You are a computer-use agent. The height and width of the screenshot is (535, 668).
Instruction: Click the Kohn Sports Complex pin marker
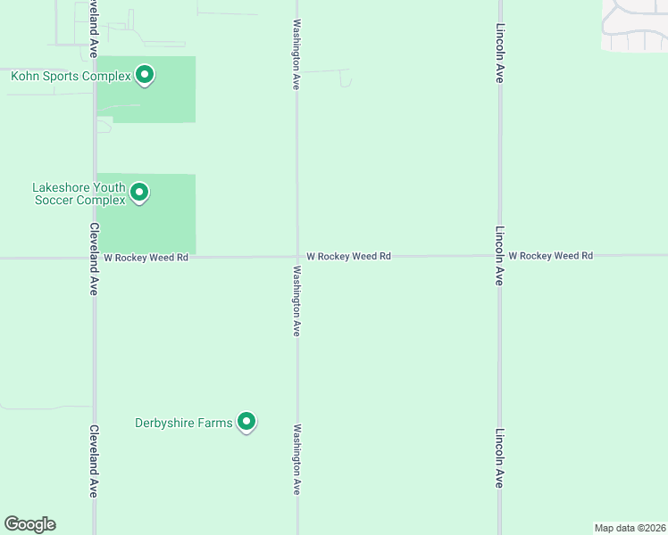pos(146,75)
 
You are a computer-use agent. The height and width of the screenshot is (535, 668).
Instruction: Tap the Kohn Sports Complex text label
pos(71,77)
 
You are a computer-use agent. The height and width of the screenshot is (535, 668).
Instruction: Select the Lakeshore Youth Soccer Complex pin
pos(139,192)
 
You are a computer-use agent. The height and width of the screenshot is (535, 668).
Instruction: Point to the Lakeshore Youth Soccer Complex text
pos(79,193)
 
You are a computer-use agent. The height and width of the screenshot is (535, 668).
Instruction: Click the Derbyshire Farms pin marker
pos(246,422)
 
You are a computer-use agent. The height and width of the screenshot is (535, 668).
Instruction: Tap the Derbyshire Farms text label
pos(183,423)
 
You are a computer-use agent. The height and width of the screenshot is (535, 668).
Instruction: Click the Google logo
pos(29,524)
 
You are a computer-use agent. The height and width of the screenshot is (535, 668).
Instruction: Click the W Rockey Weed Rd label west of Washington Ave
pos(146,257)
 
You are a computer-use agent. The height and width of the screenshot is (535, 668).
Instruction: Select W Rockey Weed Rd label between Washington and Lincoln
pos(348,256)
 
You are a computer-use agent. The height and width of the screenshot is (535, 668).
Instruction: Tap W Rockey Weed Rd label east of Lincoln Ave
pos(551,256)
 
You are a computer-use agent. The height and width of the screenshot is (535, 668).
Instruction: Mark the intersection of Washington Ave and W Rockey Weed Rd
pos(297,257)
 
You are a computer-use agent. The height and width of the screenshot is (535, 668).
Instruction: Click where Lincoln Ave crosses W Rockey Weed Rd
pos(499,256)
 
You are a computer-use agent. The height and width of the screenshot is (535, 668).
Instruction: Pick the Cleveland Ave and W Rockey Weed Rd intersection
pos(95,258)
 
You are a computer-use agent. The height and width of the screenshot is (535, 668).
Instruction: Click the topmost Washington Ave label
pos(296,54)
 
